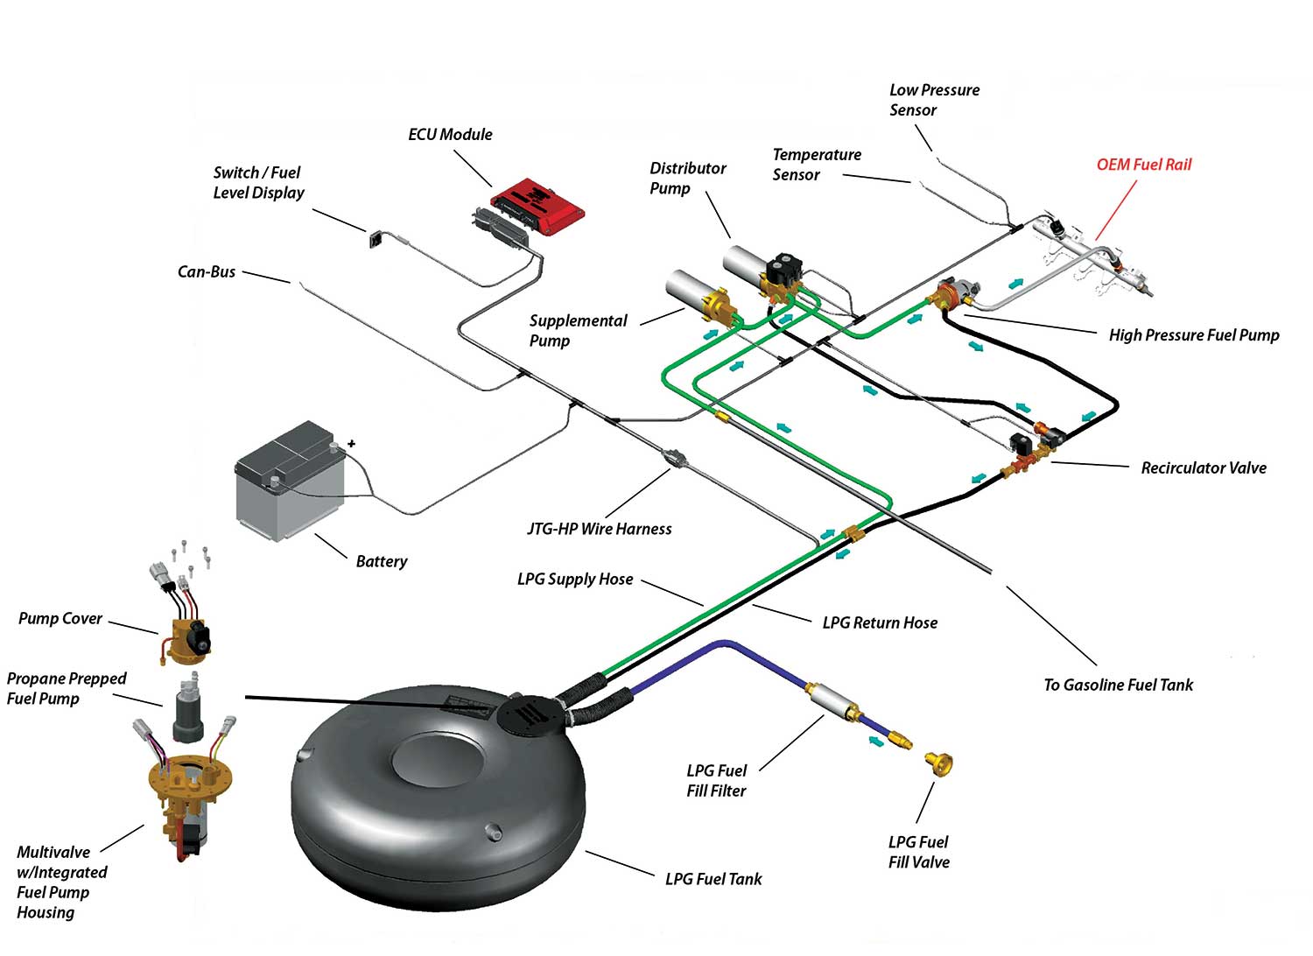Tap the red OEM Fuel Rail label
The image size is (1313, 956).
point(1143,165)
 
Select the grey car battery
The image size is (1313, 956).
point(290,481)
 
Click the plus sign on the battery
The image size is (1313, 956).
point(351,444)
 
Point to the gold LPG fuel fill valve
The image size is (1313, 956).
point(939,763)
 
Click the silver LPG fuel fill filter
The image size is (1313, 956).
point(828,698)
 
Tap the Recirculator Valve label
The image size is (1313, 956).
point(1204,467)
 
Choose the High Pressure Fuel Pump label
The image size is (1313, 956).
point(1193,334)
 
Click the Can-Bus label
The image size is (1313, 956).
point(207,271)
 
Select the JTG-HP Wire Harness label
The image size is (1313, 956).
point(599,529)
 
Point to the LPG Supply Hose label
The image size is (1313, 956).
point(575,579)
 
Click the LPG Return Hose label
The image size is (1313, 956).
point(880,622)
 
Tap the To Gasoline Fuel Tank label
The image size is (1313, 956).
point(1119,685)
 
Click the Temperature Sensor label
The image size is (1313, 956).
point(817,165)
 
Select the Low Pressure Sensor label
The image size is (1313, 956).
point(934,100)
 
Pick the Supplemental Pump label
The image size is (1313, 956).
point(578,331)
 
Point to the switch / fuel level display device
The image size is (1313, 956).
point(376,239)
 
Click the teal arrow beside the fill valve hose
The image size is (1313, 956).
point(875,742)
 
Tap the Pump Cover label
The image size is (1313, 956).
point(60,618)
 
